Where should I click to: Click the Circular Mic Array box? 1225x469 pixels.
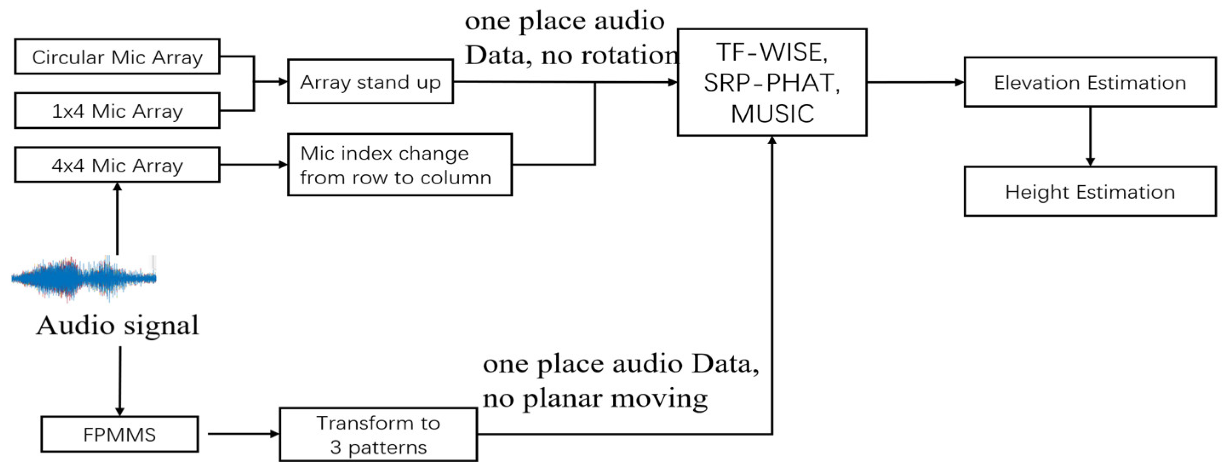tap(117, 57)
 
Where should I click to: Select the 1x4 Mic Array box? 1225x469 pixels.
tap(117, 111)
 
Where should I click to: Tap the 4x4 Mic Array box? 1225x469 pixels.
tap(117, 165)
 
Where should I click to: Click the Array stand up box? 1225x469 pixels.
tap(370, 82)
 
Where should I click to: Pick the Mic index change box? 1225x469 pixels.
tap(400, 165)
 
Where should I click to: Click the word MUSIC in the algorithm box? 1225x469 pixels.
tap(772, 114)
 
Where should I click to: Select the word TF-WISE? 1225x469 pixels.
tap(772, 52)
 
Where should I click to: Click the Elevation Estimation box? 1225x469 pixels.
tap(1090, 82)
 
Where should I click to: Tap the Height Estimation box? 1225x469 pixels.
tap(1090, 192)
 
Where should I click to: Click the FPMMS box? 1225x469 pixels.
tap(120, 434)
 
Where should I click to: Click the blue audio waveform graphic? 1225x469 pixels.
tap(84, 278)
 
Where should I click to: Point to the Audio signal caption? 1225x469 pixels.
tap(117, 325)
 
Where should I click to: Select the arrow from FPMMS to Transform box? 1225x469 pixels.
tap(243, 434)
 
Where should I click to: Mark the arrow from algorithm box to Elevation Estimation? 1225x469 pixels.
tap(915, 82)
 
